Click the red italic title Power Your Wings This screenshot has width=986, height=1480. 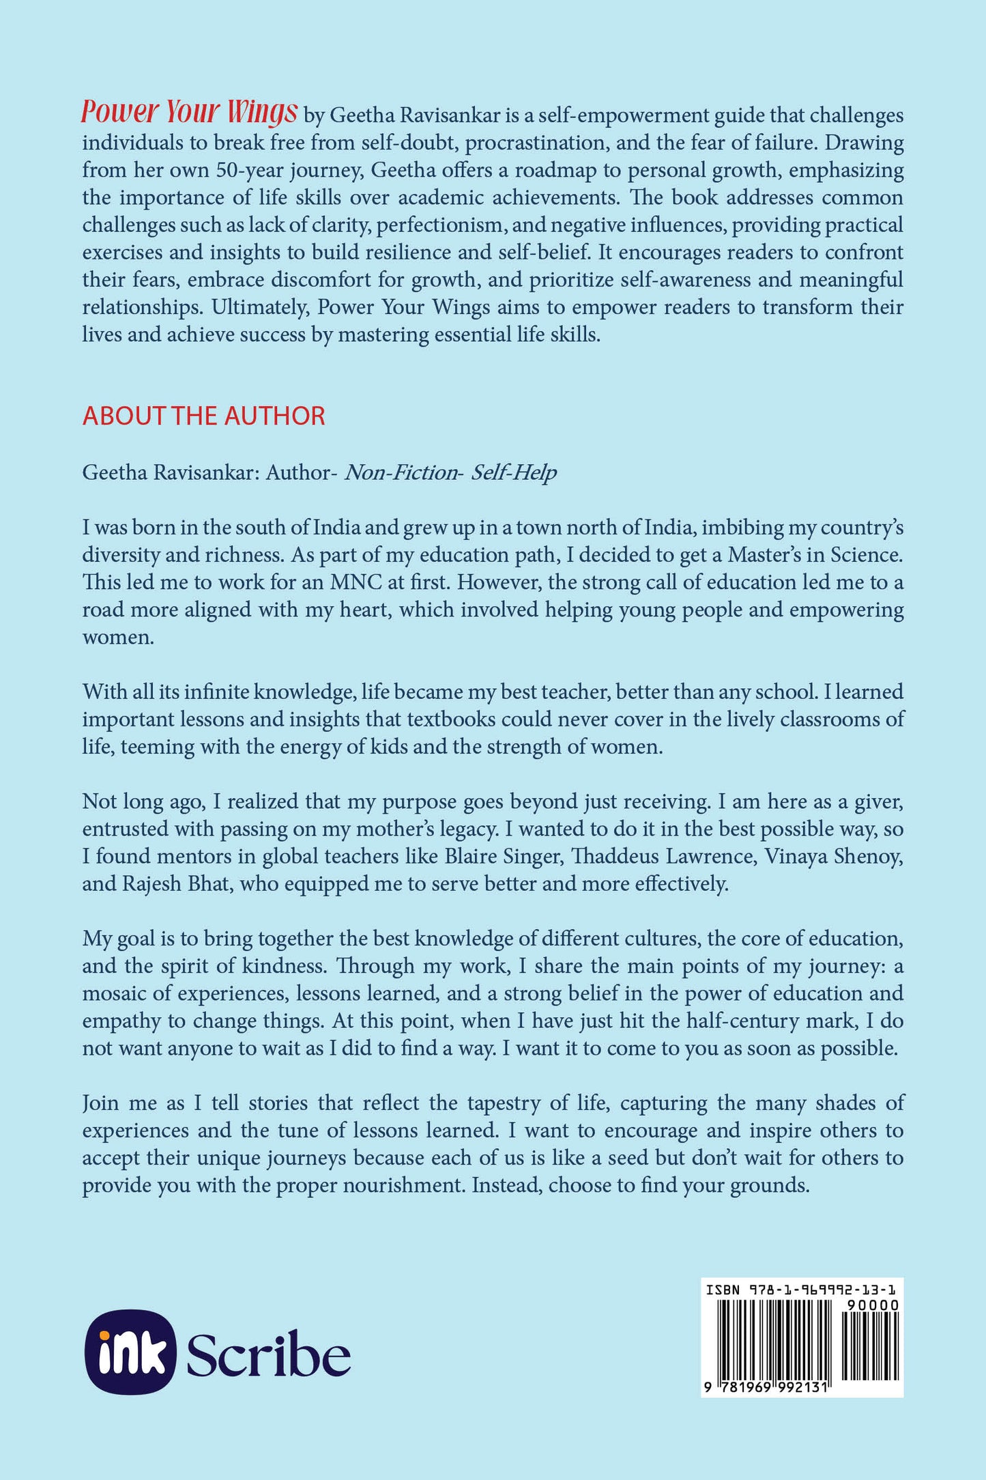189,113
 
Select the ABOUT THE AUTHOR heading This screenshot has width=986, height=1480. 203,416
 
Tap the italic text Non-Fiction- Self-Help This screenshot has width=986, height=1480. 450,472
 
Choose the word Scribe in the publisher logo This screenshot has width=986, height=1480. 268,1353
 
